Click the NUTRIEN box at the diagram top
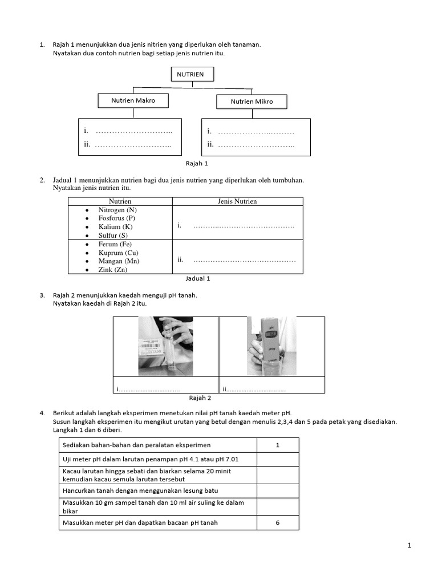192,74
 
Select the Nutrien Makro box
133,101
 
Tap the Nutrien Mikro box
252,102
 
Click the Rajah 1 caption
193,163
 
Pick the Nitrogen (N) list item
117,210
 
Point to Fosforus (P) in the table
117,218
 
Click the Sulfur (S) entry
113,235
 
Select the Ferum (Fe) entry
115,244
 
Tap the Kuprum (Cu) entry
118,253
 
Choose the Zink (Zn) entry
113,270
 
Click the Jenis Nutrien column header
237,201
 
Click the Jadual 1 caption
198,279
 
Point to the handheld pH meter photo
271,346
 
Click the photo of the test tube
165,346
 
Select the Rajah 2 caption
200,398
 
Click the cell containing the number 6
277,522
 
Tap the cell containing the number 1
277,445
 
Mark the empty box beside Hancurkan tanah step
277,490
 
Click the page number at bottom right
409,545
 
